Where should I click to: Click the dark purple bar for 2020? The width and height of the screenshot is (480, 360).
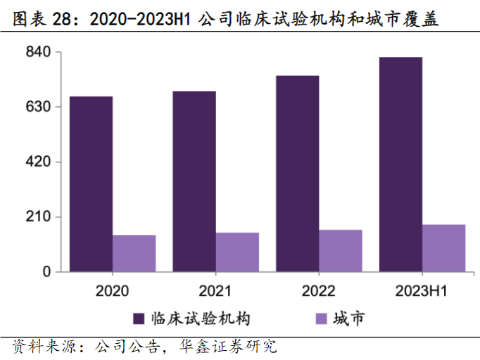coord(91,184)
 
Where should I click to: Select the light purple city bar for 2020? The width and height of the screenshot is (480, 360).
coord(134,253)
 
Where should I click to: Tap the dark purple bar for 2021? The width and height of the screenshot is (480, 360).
coord(194,181)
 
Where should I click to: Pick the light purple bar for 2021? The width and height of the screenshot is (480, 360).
coord(237,252)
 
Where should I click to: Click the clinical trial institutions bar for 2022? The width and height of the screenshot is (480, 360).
coord(297,173)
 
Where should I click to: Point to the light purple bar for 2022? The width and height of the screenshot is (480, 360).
coord(341,250)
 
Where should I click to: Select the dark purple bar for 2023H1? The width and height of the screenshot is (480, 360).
coord(400,164)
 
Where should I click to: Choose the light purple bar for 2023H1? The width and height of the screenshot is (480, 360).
coord(444,247)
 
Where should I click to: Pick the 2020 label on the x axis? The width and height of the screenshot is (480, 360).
coord(113,291)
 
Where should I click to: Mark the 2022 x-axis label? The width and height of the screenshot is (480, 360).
coord(319,291)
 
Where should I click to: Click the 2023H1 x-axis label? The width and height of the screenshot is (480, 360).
coord(422,291)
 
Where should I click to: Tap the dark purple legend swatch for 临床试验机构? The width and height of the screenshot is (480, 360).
coord(139,319)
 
